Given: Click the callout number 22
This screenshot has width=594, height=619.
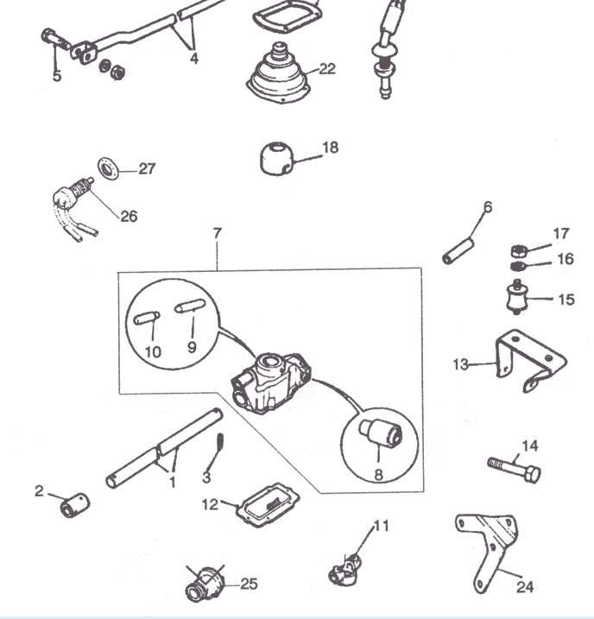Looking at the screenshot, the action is [x=327, y=69].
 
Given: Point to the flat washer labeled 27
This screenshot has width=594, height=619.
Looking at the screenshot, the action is [x=108, y=168].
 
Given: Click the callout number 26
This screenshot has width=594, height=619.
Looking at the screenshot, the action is [x=129, y=217].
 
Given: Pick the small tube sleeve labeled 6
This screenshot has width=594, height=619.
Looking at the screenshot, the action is [x=458, y=250].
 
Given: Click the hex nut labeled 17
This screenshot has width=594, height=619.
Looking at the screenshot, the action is [x=519, y=250].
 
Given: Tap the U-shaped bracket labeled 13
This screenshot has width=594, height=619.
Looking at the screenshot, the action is [x=531, y=360].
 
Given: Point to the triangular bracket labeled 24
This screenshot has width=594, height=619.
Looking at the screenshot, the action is [x=488, y=550].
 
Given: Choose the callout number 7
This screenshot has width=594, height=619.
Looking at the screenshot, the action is [x=217, y=234].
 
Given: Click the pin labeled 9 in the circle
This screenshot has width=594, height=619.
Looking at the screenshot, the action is [x=190, y=306].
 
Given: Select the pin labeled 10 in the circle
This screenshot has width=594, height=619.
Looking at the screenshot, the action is [x=147, y=318].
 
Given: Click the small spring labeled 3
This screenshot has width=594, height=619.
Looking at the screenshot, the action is [x=220, y=440].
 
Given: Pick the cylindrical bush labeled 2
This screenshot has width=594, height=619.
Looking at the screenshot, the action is [x=74, y=505].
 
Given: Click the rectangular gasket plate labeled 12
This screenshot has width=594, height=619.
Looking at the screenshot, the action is [x=268, y=504].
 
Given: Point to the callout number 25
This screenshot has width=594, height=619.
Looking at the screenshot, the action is [x=249, y=584].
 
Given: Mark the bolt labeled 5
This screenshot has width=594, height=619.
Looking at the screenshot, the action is [x=55, y=40].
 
